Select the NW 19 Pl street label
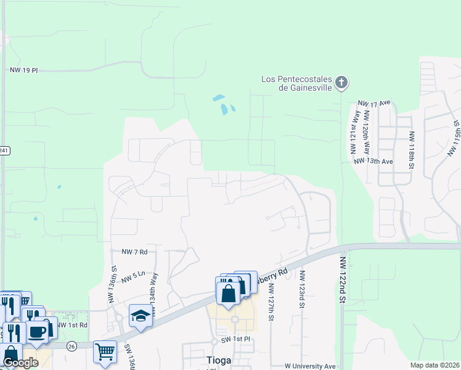[24, 71]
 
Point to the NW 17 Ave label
[375, 104]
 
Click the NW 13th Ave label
[373, 162]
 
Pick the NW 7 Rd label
[136, 252]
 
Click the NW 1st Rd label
[73, 325]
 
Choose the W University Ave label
[310, 366]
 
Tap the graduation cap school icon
[141, 316]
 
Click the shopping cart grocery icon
[105, 352]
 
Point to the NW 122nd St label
[343, 280]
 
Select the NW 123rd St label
[303, 290]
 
